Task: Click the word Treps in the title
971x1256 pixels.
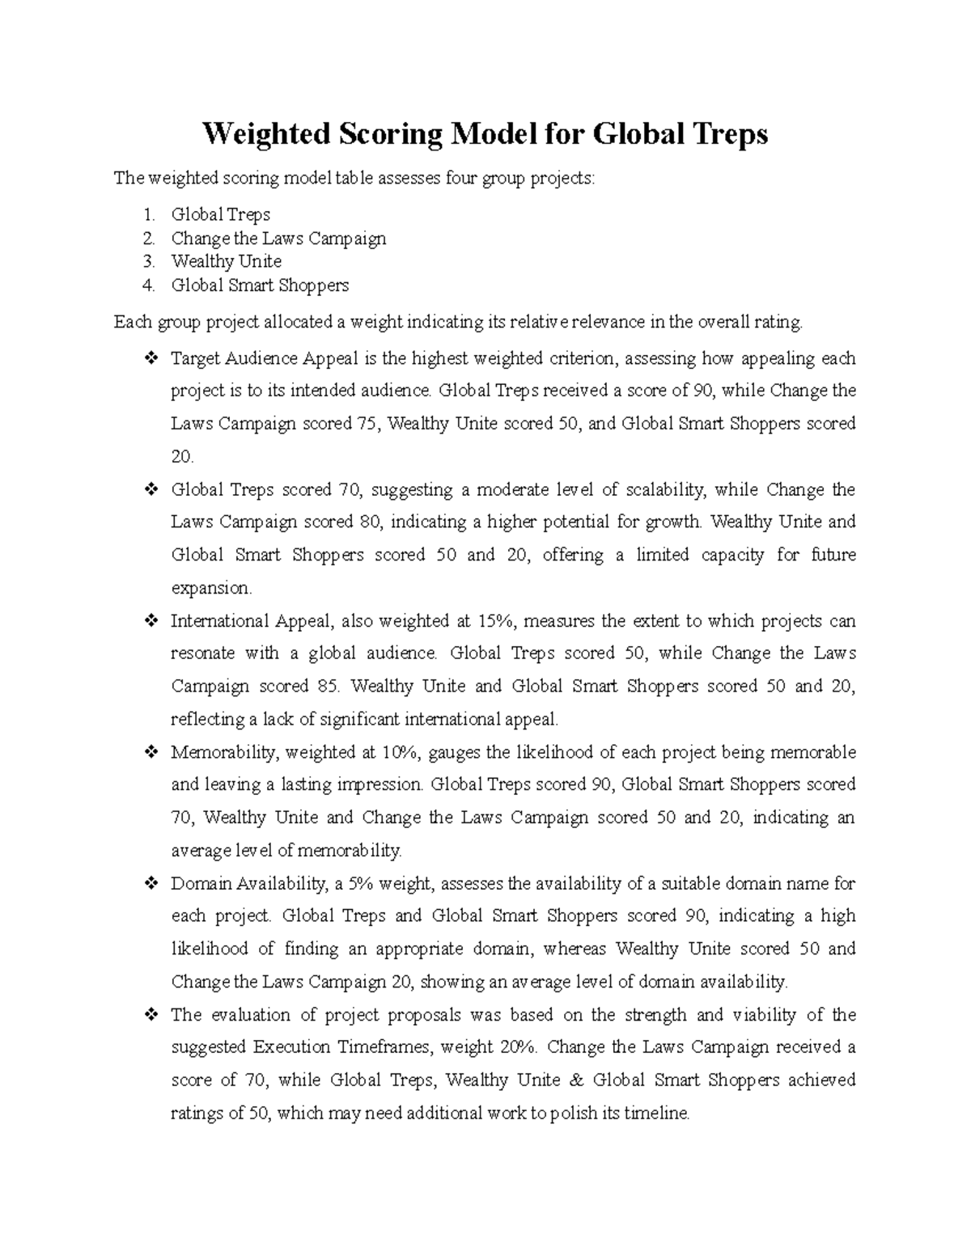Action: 726,133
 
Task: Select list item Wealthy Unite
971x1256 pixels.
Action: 226,261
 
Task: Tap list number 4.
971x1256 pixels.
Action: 148,285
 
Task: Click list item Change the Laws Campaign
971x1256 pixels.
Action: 278,238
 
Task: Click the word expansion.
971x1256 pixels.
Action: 211,588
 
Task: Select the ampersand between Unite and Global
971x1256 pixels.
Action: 576,1080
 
